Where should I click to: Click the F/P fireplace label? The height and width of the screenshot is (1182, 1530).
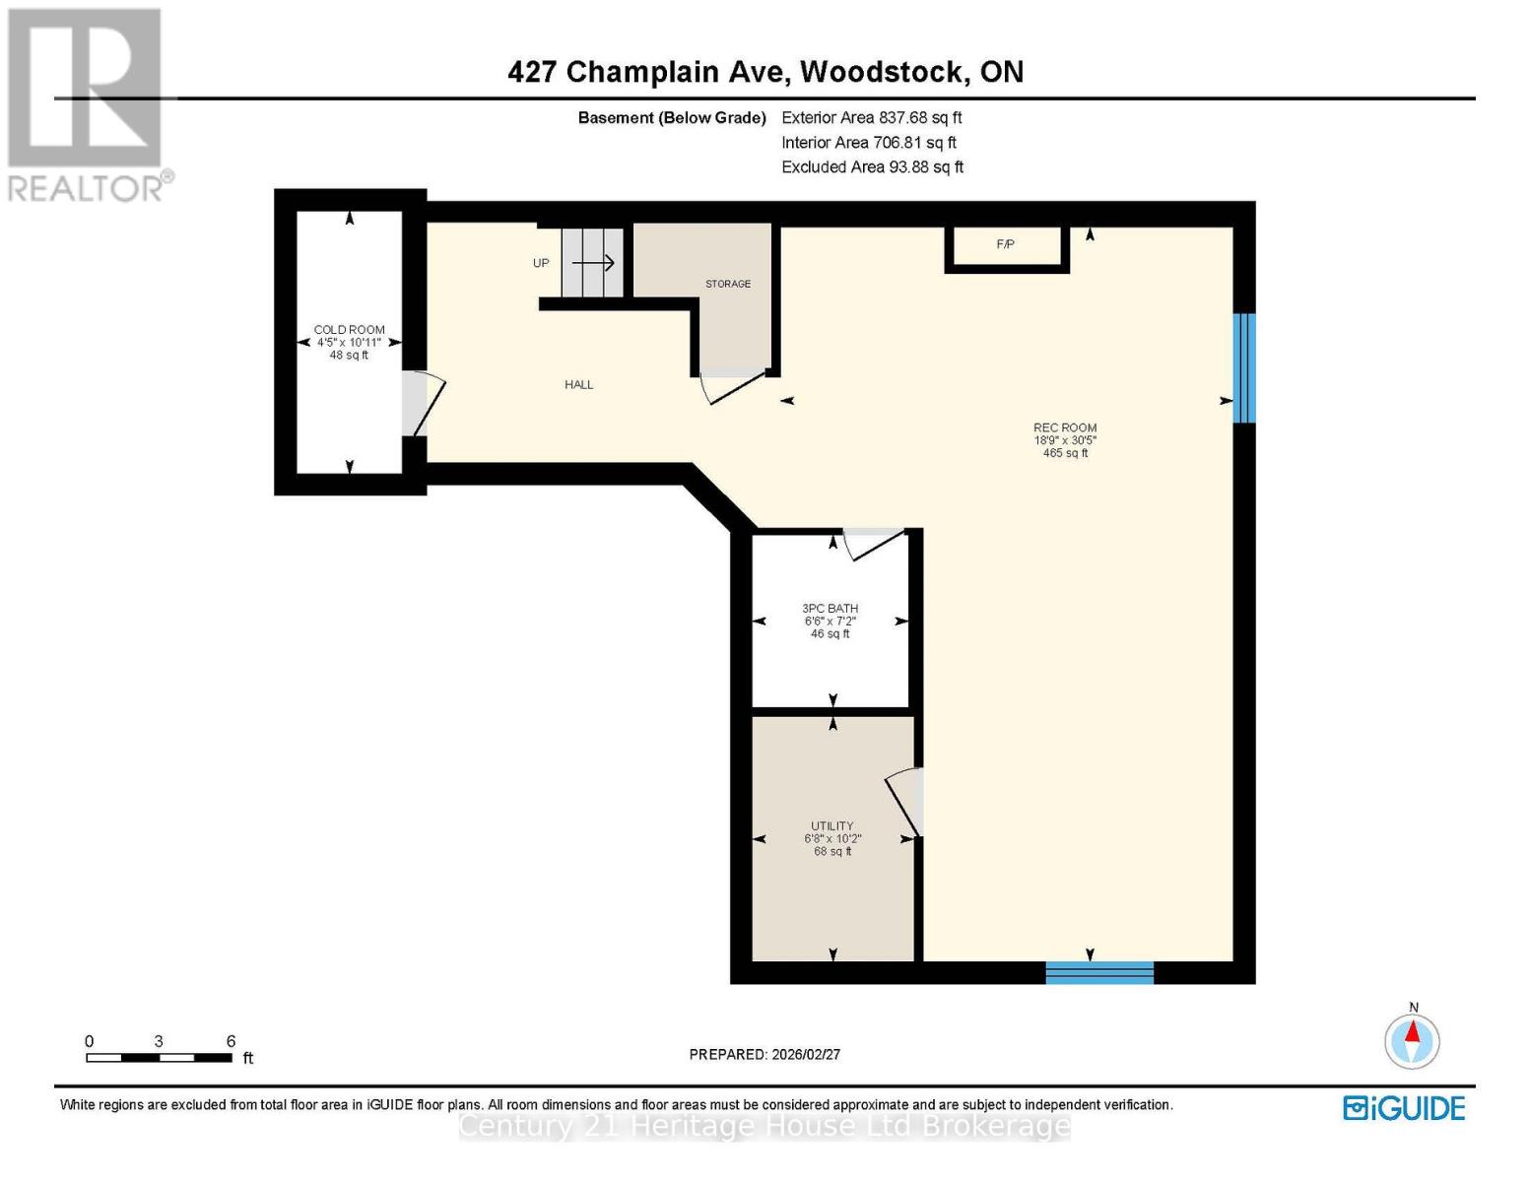pos(1005,244)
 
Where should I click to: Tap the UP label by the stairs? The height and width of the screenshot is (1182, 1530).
pos(541,263)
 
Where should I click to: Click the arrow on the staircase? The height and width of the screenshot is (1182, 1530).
pos(593,263)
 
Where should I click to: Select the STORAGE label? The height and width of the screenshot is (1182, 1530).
pos(728,284)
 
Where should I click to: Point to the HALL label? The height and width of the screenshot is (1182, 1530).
pos(579,385)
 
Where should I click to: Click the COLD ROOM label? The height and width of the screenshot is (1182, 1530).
pos(350,330)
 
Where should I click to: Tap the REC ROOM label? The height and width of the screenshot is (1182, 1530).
pos(1065,427)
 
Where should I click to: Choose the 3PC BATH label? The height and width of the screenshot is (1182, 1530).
pos(831,609)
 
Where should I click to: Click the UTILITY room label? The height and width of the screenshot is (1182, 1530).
pos(832,826)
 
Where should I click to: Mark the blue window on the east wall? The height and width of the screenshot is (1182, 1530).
pos(1244,367)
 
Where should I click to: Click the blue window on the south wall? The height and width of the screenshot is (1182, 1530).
pos(1099,972)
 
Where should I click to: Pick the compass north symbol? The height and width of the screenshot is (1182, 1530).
pos(1413,1039)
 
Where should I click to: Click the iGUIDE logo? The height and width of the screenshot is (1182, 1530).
pos(1404,1108)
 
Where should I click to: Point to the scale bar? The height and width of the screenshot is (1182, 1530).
pos(159,1058)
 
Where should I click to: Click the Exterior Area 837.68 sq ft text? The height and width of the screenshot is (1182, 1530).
pos(872,117)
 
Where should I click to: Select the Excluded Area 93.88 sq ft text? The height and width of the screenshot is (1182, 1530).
pos(872,166)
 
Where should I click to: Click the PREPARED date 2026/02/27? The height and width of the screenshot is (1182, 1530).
pos(765,1054)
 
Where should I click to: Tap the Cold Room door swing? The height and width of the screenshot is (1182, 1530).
pos(424,404)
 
